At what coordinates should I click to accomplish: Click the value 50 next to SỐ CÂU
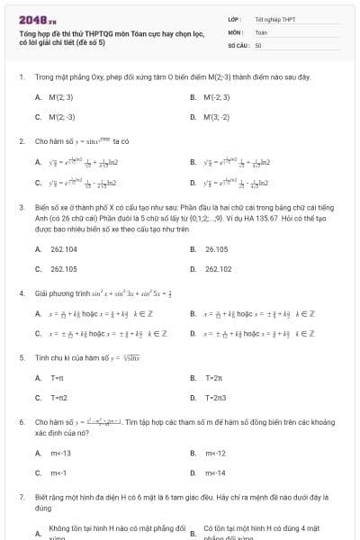tap(258, 44)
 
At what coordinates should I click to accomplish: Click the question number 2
tap(21, 141)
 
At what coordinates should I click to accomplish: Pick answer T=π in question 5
tap(57, 377)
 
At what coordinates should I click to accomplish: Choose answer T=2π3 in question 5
tap(215, 398)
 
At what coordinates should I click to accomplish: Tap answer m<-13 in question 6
tap(60, 453)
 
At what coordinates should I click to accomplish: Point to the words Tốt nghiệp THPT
tap(274, 19)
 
